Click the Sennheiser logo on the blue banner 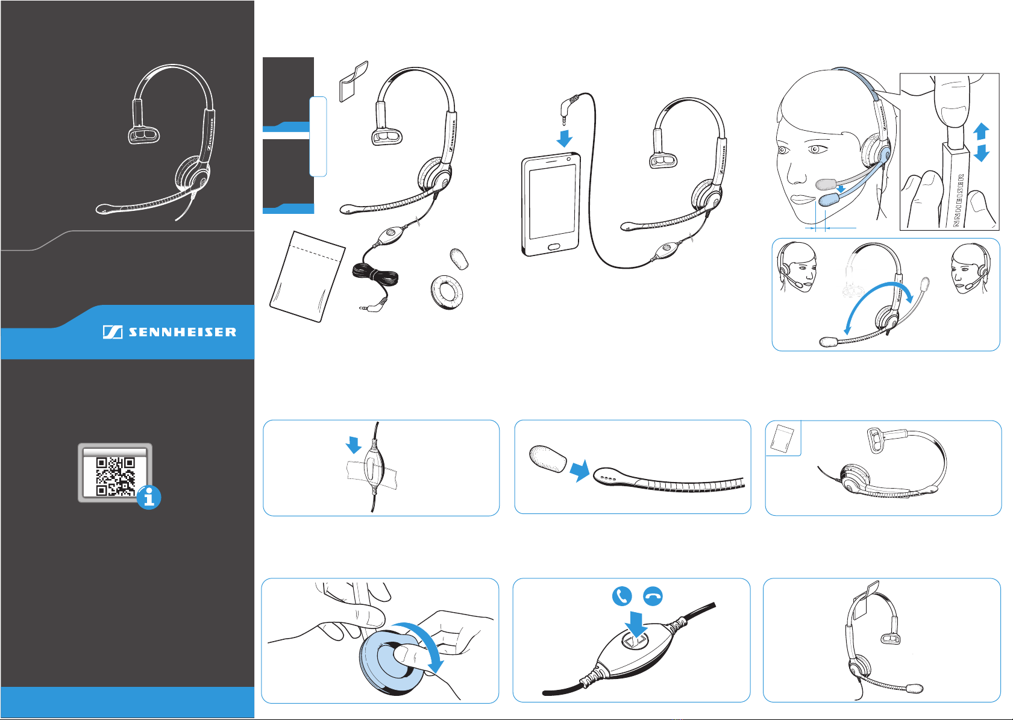click(x=169, y=333)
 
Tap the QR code click(x=116, y=477)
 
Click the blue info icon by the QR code click(x=149, y=498)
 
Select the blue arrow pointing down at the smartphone click(x=565, y=139)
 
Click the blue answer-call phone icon click(x=622, y=596)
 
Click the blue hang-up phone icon click(x=653, y=596)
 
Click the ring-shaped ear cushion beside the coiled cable click(x=447, y=293)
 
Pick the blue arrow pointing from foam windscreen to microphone click(x=579, y=471)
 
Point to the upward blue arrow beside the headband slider click(x=981, y=131)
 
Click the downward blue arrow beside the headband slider click(x=981, y=153)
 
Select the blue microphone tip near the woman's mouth click(x=829, y=199)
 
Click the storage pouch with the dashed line click(x=307, y=277)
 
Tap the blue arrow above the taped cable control click(x=354, y=445)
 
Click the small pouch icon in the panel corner click(x=782, y=438)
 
